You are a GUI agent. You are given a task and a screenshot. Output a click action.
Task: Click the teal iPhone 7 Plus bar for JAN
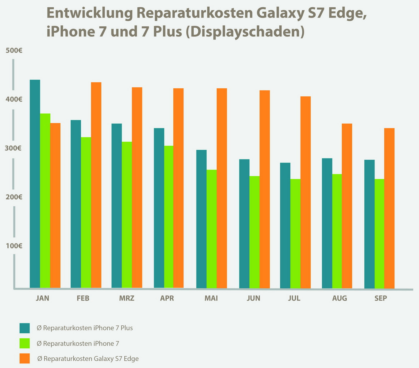pyautogui.click(x=35, y=184)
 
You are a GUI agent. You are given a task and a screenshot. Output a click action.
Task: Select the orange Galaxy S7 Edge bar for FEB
pyautogui.click(x=96, y=185)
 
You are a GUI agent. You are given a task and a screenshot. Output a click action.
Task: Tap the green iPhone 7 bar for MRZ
pyautogui.click(x=127, y=215)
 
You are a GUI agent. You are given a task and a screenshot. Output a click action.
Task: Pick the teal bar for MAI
pyautogui.click(x=201, y=219)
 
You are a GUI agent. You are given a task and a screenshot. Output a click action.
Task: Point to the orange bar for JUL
pyautogui.click(x=305, y=192)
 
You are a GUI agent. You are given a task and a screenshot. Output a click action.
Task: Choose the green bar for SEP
pyautogui.click(x=379, y=234)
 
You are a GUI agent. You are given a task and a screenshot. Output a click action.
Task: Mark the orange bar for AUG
pyautogui.click(x=347, y=206)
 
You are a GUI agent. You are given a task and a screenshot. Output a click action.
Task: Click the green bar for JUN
pyautogui.click(x=254, y=232)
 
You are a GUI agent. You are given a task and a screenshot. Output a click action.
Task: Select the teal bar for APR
pyautogui.click(x=159, y=208)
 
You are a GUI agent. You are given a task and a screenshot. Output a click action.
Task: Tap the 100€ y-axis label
pyautogui.click(x=14, y=246)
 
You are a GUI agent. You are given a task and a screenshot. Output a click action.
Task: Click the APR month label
pyautogui.click(x=167, y=298)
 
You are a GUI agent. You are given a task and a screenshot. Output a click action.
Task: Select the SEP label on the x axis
pyautogui.click(x=381, y=298)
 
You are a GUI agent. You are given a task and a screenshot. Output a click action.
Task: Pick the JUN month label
pyautogui.click(x=253, y=298)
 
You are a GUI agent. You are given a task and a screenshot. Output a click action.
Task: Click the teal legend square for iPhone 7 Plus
pyautogui.click(x=25, y=328)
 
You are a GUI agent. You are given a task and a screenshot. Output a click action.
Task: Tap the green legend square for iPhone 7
pyautogui.click(x=25, y=343)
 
